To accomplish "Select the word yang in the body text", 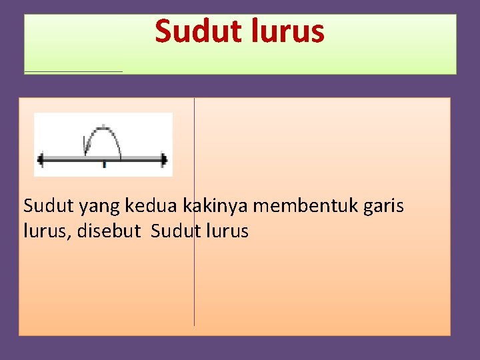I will point(97,206).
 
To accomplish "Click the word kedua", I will point(149,206).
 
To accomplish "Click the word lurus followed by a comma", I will point(46,231).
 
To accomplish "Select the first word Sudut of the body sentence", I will point(49,206).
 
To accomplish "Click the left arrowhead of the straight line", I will point(41,159).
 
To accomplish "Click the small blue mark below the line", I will point(104,165).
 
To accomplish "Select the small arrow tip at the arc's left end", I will point(85,143).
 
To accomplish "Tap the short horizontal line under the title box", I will point(73,71).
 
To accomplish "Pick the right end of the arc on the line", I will point(120,157).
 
